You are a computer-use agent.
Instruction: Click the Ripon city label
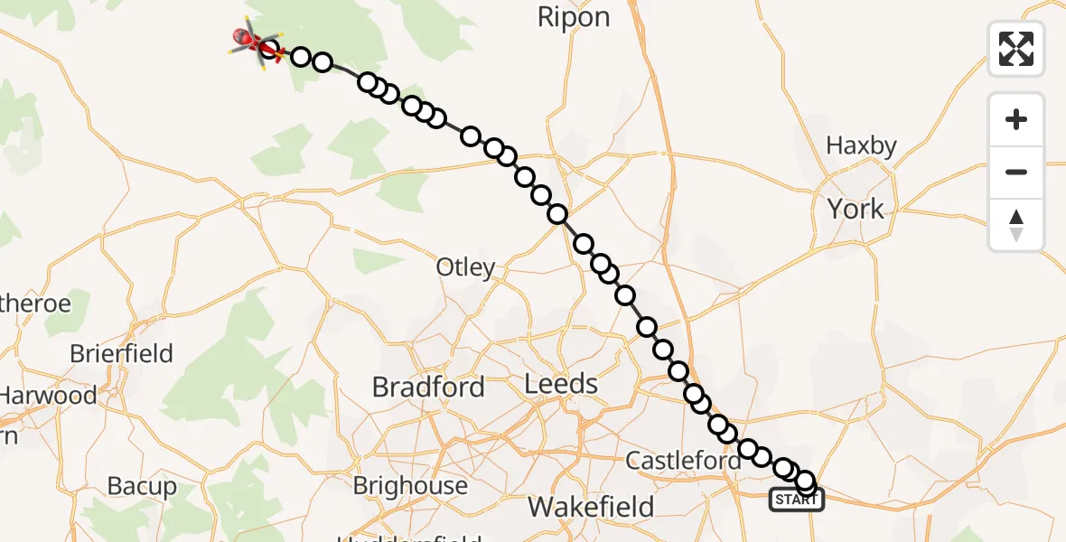pos(574,17)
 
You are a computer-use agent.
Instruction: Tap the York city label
pos(856,210)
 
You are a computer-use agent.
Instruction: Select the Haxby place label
pos(861,145)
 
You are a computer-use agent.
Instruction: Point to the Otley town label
pos(465,267)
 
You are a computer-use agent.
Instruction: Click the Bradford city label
pos(428,388)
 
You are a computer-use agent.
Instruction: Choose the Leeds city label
pos(561,384)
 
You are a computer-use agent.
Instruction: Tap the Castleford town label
pos(683,462)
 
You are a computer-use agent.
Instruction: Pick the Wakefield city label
pos(591,507)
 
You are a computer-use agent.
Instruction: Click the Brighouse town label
pos(410,486)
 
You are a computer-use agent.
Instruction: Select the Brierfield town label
pos(121,353)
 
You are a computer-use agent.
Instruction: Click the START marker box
pos(796,500)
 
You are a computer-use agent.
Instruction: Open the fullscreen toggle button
pos(1016,49)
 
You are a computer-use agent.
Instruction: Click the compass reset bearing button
pos(1016,225)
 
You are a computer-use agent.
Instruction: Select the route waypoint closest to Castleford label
pos(727,435)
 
